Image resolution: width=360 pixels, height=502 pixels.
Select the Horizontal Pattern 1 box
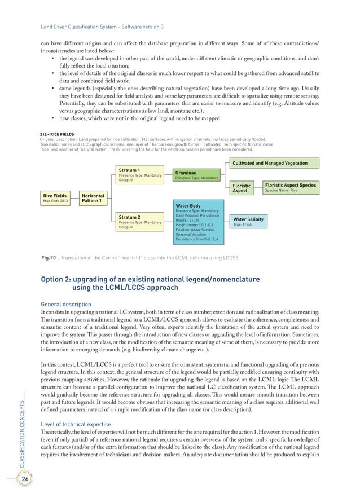(x=93, y=198)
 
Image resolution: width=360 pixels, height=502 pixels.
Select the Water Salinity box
(x=248, y=222)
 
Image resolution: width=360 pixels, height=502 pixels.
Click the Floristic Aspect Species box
(x=290, y=187)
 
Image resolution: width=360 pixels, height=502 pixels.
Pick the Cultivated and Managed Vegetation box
(x=274, y=164)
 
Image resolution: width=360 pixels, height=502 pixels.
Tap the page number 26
(x=25, y=479)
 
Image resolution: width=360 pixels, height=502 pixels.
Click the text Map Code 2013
(x=56, y=201)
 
